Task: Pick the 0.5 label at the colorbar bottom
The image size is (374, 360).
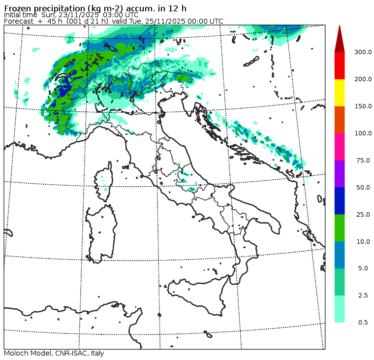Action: pyautogui.click(x=363, y=323)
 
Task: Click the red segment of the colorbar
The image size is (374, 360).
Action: pyautogui.click(x=340, y=65)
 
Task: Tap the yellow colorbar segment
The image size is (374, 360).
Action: pyautogui.click(x=340, y=93)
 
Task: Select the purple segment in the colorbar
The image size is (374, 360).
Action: pyautogui.click(x=340, y=174)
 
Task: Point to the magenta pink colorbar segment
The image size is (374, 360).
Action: pyautogui.click(x=340, y=147)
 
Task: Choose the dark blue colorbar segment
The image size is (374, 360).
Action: pyautogui.click(x=340, y=201)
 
